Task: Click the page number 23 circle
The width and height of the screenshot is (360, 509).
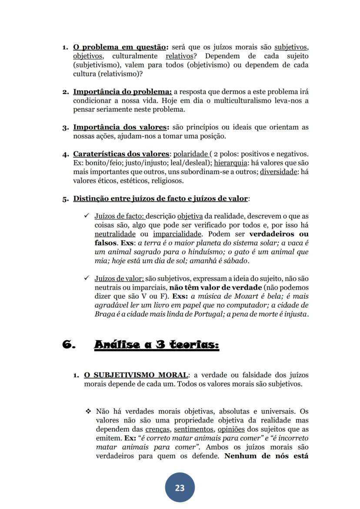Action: coord(180,488)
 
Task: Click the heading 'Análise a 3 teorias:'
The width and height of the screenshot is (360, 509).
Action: coord(157,345)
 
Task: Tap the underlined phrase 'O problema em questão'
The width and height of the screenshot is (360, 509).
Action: coord(120,47)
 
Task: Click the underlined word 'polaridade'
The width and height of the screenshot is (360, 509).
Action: coord(190,154)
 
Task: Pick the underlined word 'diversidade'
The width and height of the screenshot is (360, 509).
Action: coord(278,172)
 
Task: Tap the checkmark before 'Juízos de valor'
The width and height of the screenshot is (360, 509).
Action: coord(87,278)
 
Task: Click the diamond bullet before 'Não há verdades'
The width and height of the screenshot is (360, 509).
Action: coord(88,411)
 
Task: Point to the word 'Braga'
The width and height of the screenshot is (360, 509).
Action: coord(104,314)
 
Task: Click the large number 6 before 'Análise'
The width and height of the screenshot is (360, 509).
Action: coord(70,345)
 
